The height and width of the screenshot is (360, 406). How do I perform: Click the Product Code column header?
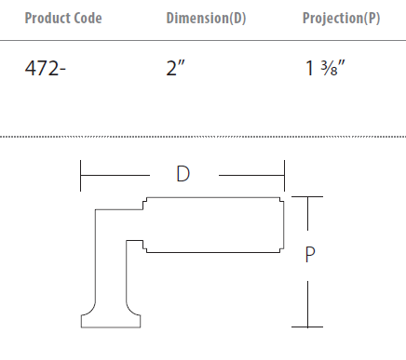pyautogui.click(x=63, y=18)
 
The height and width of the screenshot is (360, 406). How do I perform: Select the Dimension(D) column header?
pyautogui.click(x=206, y=18)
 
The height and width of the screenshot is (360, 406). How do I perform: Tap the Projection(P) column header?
pyautogui.click(x=341, y=18)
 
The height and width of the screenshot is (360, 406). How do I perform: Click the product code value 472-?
pyautogui.click(x=46, y=68)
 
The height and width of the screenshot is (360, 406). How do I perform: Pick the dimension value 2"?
pyautogui.click(x=175, y=68)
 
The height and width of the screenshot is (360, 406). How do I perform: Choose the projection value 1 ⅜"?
pyautogui.click(x=325, y=68)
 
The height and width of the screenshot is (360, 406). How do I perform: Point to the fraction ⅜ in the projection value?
pyautogui.click(x=330, y=68)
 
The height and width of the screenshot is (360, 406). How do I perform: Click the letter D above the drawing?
pyautogui.click(x=183, y=174)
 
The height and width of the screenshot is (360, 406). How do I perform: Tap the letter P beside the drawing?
pyautogui.click(x=310, y=255)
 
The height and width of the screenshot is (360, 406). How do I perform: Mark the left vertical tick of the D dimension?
pyautogui.click(x=80, y=176)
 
